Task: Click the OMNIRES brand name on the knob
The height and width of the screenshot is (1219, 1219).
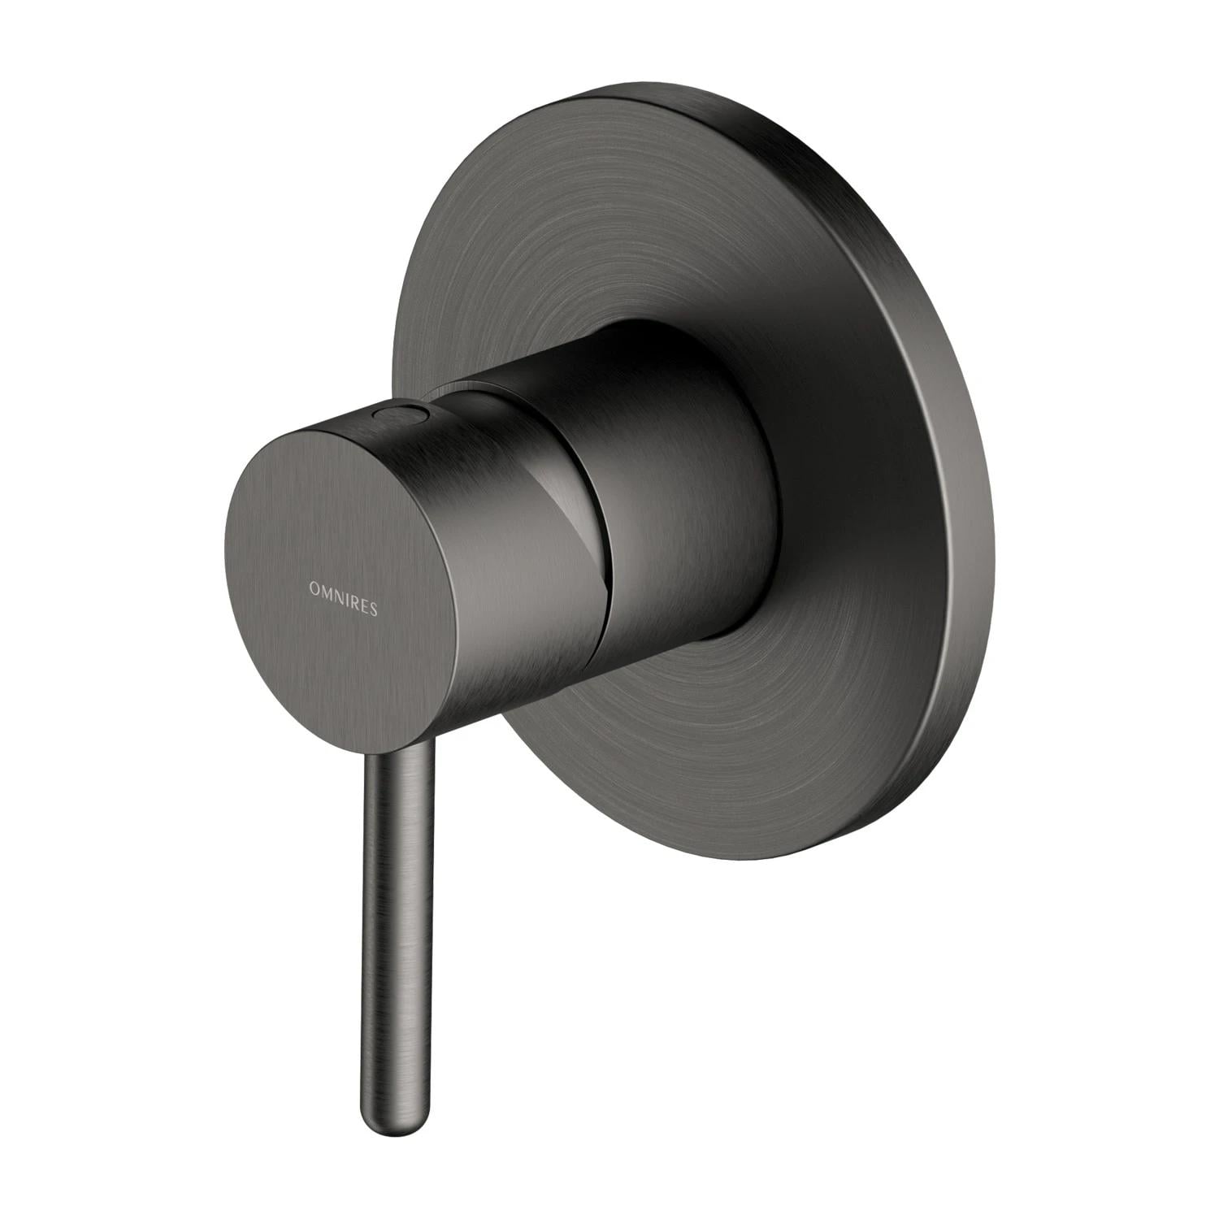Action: coord(343,587)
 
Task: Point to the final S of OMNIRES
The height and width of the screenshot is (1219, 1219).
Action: coord(373,591)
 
